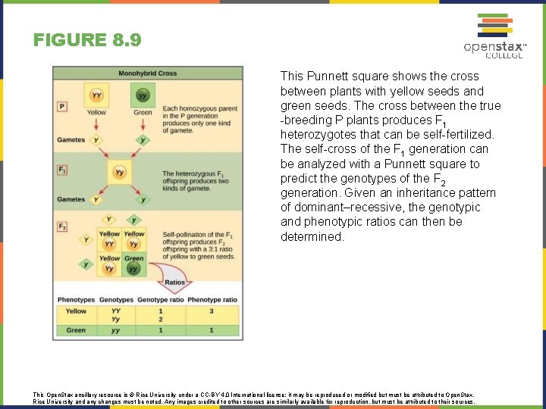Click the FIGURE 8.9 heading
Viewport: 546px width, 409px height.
point(87,39)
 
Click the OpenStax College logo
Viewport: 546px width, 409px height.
point(495,35)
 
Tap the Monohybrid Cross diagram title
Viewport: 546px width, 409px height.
point(148,73)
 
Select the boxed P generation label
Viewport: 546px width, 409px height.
point(62,106)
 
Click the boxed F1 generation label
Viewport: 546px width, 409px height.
point(62,169)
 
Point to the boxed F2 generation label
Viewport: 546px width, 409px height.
point(62,226)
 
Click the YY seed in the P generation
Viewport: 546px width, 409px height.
point(96,96)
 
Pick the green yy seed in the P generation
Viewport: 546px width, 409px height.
point(143,96)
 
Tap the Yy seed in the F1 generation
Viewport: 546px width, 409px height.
point(119,173)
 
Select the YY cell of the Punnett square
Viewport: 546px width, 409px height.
point(109,241)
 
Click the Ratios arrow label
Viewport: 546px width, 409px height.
point(174,283)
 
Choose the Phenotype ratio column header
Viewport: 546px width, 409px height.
point(212,300)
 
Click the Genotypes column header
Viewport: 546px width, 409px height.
point(115,300)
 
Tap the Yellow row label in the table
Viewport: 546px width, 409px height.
point(76,311)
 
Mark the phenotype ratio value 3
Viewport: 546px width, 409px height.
point(211,311)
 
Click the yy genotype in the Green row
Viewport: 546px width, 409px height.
point(115,330)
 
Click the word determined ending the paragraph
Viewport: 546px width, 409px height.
point(312,236)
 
